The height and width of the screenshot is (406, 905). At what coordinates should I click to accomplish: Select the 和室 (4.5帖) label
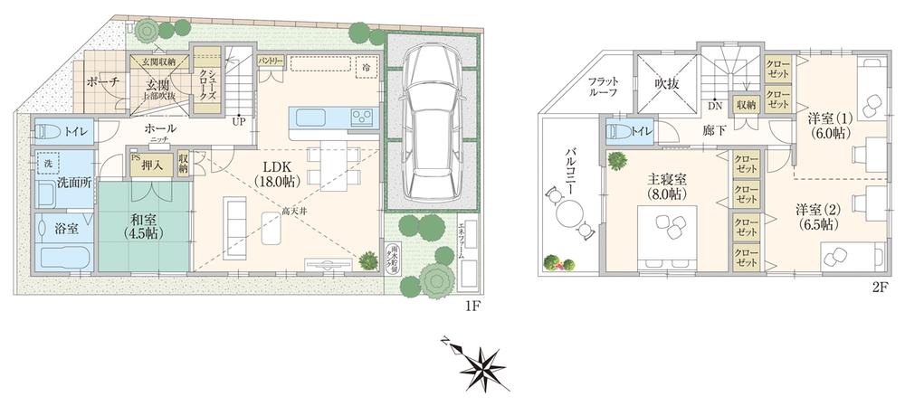144,225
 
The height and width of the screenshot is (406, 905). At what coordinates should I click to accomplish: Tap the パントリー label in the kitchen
271,61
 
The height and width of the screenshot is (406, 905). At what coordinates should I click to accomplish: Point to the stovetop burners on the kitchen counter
361,116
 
